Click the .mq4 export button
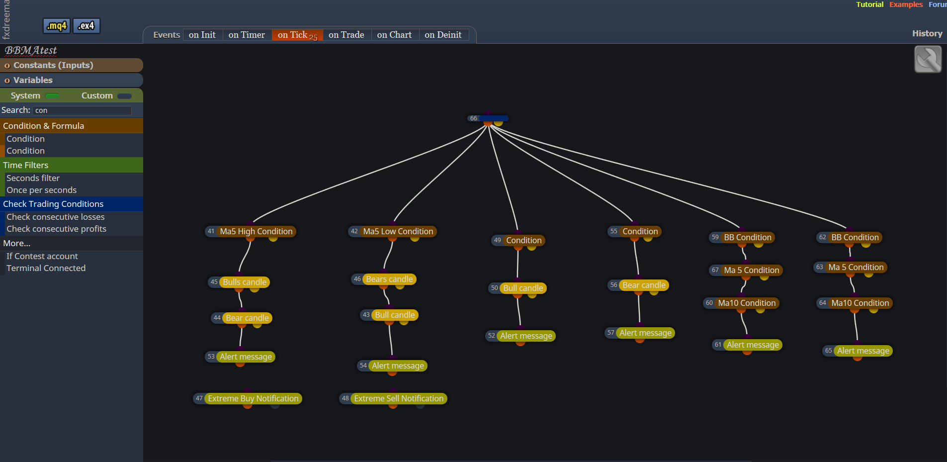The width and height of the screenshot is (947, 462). [x=57, y=26]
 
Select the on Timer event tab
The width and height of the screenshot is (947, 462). [x=247, y=35]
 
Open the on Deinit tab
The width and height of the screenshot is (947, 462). [x=443, y=35]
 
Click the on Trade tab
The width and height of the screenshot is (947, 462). [x=346, y=35]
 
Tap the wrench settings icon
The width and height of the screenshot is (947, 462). [x=928, y=59]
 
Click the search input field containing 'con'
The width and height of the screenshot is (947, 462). [x=82, y=110]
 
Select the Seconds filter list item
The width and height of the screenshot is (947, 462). [x=33, y=178]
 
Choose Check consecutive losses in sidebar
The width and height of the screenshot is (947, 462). [x=56, y=217]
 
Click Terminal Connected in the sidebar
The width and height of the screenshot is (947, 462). [x=46, y=268]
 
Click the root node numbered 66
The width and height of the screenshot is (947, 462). [x=488, y=118]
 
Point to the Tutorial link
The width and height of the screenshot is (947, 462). [x=869, y=4]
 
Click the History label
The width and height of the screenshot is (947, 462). [x=927, y=33]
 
